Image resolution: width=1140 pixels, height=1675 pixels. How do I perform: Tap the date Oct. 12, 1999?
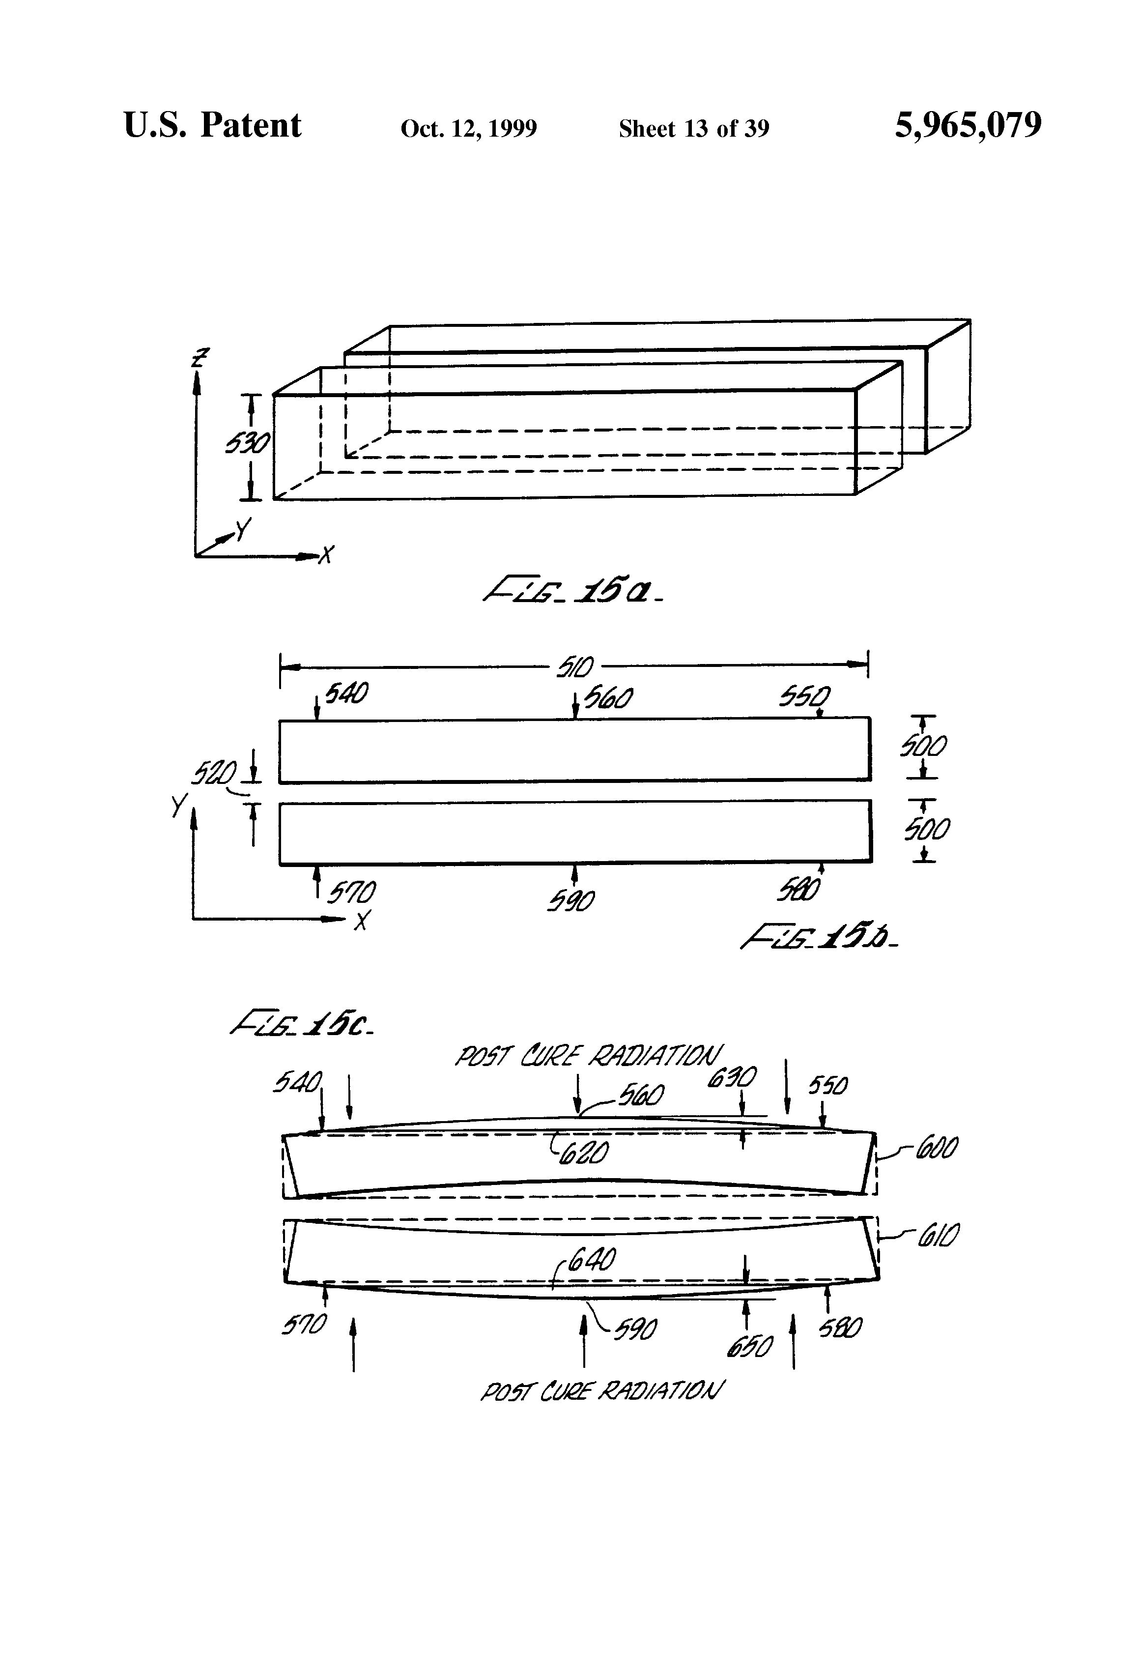[468, 129]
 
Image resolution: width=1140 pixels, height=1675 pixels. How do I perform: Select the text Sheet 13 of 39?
[693, 129]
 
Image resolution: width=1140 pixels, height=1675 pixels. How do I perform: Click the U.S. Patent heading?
[213, 125]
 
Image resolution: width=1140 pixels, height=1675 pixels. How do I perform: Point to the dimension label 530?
[247, 444]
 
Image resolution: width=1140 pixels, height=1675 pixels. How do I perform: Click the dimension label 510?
[574, 666]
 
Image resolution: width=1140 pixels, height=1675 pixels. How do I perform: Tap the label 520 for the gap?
[213, 775]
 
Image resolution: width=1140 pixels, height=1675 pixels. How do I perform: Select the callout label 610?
[938, 1238]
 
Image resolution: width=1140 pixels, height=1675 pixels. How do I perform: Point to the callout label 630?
[731, 1078]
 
